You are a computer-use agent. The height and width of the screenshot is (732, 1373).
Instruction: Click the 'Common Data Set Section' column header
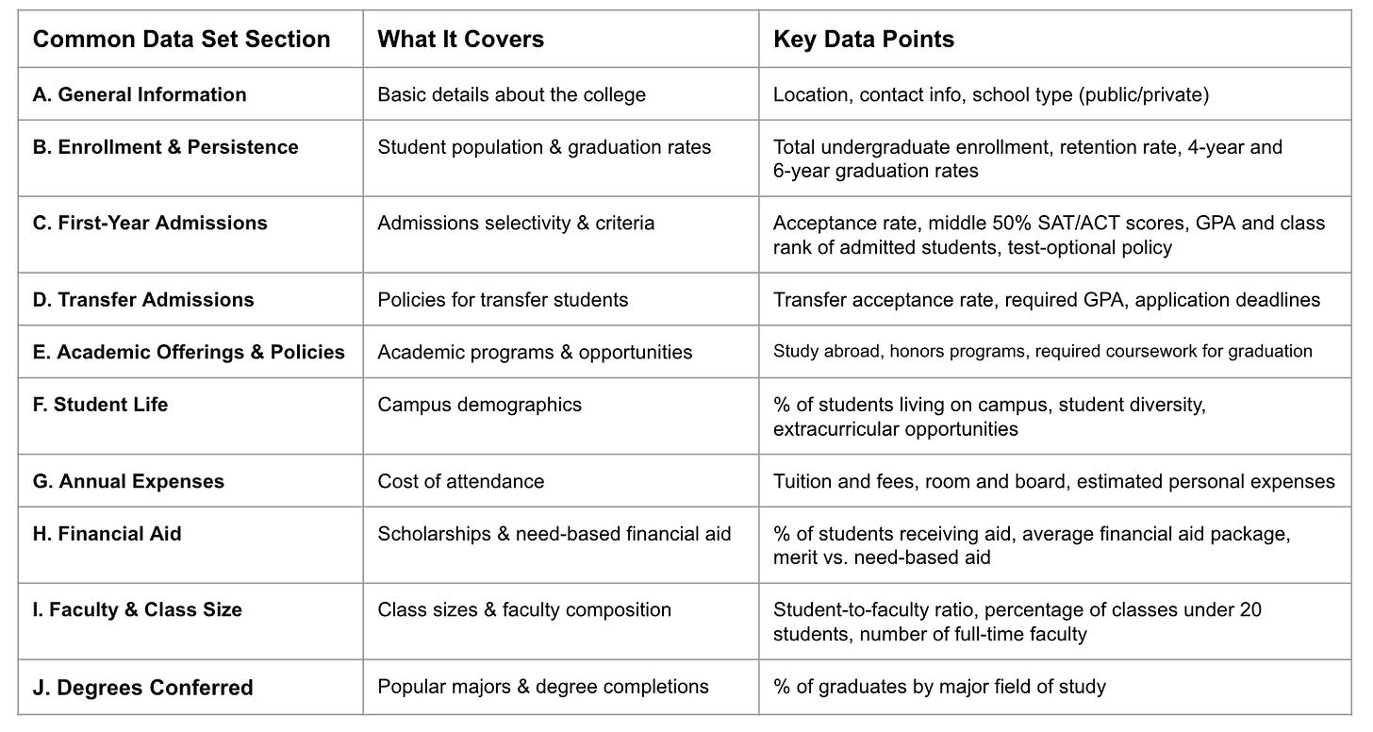coord(181,40)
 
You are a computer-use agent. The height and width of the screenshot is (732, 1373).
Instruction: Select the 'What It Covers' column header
coord(461,40)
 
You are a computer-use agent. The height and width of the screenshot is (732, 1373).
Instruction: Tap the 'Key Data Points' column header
coord(864,40)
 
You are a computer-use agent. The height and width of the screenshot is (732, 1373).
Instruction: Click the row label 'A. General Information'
coord(140,94)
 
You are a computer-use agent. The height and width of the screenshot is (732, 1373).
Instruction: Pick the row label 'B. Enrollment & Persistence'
coord(165,147)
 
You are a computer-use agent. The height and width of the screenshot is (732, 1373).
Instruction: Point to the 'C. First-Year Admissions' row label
coord(150,224)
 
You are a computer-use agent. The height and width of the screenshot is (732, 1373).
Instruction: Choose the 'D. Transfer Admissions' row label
coord(143,300)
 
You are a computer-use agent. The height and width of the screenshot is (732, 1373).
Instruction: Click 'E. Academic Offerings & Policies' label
coord(189,352)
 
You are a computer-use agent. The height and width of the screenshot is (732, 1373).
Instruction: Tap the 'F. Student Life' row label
coord(100,405)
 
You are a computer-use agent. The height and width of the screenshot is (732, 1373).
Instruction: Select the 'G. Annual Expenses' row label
coord(128,481)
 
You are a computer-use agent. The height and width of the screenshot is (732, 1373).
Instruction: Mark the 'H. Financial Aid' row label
coord(107,534)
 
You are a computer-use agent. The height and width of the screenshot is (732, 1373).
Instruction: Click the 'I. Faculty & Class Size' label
coord(137,610)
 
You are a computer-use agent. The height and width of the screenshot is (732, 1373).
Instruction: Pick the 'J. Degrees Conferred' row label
coord(142,688)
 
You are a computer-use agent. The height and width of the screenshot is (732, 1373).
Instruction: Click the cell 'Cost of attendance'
coord(461,481)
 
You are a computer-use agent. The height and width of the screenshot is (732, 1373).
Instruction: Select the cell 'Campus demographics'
coord(480,405)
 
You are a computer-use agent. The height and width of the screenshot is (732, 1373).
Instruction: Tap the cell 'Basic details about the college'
coord(512,94)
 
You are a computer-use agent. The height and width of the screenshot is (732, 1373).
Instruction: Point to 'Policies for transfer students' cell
coord(503,300)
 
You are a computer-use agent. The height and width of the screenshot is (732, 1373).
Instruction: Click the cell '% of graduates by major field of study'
coord(939,687)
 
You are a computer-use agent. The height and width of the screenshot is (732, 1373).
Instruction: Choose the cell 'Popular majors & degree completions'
coord(543,687)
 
